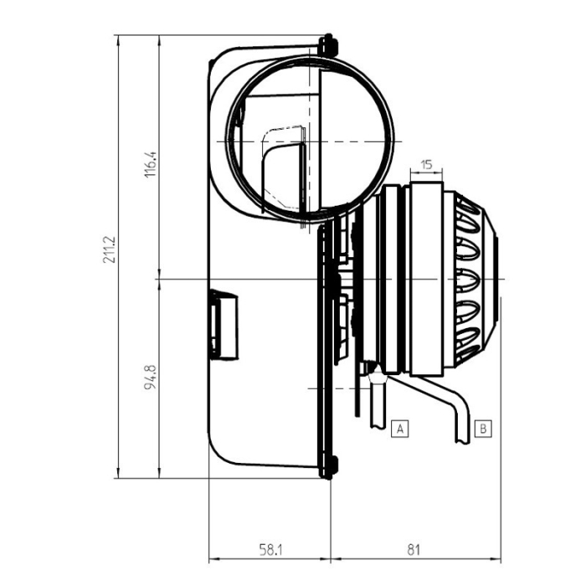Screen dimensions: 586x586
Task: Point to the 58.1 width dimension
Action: (270, 550)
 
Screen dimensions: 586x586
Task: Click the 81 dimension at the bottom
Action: (413, 550)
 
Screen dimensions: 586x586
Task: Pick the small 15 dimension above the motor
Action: (426, 165)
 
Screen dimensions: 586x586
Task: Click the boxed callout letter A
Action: (401, 429)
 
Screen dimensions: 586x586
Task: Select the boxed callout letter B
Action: (483, 429)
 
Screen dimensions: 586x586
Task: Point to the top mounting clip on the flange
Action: (327, 41)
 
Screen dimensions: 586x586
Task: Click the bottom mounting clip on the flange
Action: (327, 469)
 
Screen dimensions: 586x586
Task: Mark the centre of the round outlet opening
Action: (310, 140)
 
